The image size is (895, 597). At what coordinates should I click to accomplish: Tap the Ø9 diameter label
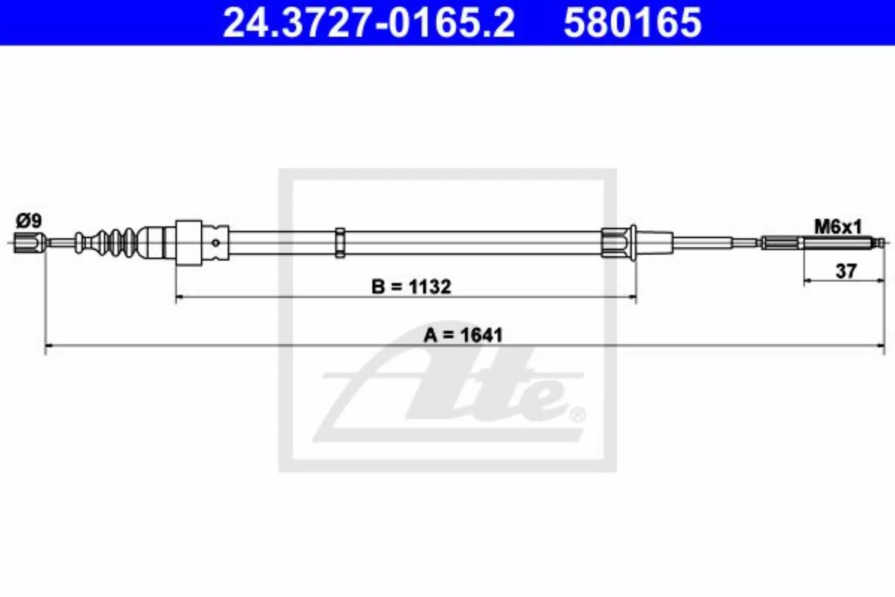pos(29,221)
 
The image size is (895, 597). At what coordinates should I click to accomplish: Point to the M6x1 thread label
pos(838,228)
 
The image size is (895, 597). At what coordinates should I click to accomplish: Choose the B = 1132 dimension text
pos(411,287)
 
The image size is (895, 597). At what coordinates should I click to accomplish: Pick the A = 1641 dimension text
pos(463,335)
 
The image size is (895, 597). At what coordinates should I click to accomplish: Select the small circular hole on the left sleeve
pos(216,242)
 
